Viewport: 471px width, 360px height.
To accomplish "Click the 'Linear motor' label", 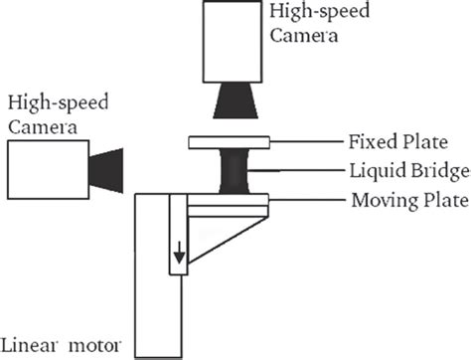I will point(61,347).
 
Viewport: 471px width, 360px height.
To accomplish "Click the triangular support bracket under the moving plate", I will point(214,234).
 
